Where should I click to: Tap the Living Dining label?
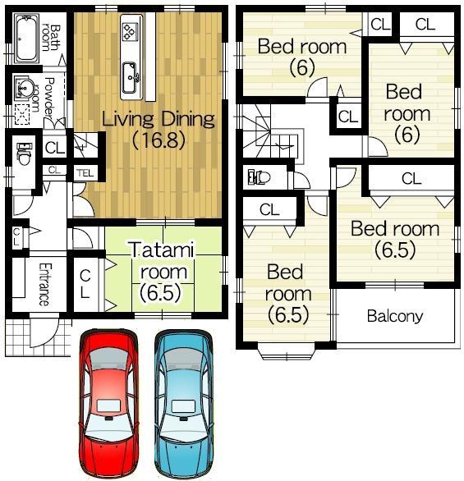tap(158, 119)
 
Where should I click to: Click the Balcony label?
tap(394, 316)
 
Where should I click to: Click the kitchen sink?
tap(131, 80)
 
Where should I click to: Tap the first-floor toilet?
tap(22, 153)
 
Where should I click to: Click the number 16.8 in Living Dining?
tap(158, 140)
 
